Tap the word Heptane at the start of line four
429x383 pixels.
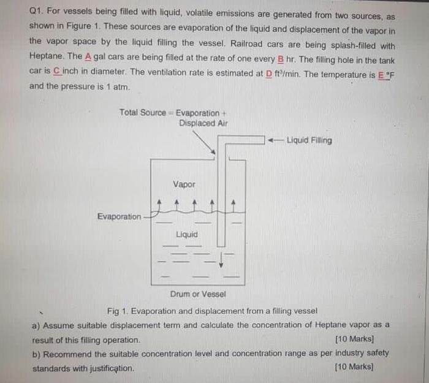point(45,56)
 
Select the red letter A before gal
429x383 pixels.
point(88,56)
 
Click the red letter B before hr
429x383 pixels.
point(281,56)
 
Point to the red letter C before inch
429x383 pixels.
point(56,71)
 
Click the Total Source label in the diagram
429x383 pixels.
point(143,113)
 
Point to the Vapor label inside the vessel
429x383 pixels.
point(184,184)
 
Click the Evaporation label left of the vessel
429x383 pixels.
point(119,216)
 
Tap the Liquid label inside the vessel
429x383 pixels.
point(187,235)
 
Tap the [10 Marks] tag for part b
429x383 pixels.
point(354,367)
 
